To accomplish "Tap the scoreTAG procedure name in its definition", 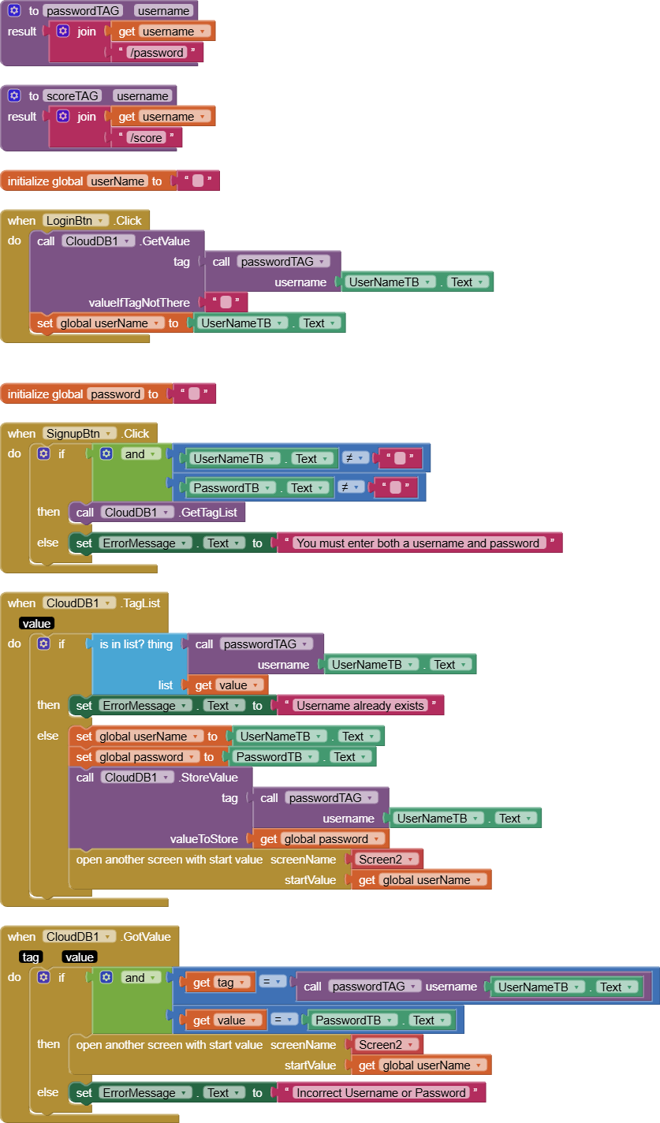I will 71,96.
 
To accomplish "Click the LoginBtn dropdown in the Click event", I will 76,221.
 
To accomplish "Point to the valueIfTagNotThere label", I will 139,303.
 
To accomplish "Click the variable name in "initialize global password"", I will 116,394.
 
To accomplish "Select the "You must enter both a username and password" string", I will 418,543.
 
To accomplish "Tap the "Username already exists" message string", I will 360,706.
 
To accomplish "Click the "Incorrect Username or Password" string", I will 381,1093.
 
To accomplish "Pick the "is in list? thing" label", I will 136,644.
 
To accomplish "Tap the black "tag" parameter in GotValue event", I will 31,957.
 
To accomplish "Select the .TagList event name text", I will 140,603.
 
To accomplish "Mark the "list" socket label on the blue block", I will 166,685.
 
